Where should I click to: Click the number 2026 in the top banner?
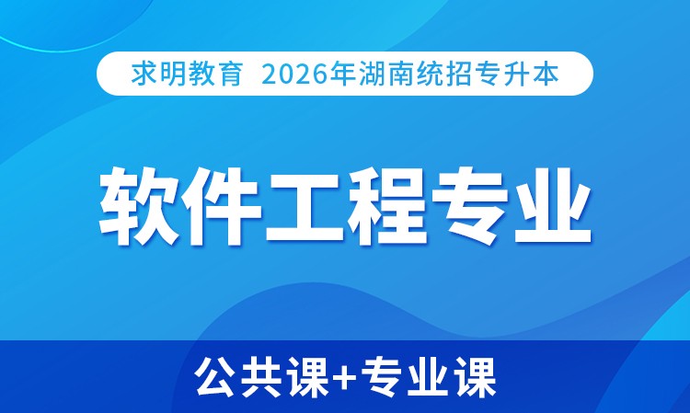295,75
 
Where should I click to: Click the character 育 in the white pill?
230,74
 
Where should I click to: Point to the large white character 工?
304,206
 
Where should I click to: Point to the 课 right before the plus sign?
305,377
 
